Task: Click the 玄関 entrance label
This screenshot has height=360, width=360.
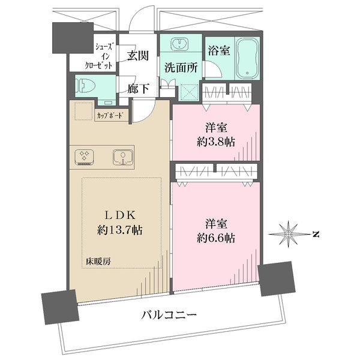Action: (x=138, y=56)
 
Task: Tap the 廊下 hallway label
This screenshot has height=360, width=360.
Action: (x=139, y=89)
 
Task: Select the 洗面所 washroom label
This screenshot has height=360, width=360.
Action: (x=181, y=67)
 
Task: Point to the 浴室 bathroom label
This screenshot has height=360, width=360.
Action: (x=219, y=50)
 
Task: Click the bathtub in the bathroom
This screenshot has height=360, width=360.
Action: (x=247, y=58)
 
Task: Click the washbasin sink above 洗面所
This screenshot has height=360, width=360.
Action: (x=180, y=44)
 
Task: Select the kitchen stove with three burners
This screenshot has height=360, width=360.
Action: (x=84, y=157)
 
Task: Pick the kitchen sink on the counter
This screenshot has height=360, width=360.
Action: (x=123, y=157)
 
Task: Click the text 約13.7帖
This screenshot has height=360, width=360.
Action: (x=119, y=230)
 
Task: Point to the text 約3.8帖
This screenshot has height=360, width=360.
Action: (x=216, y=142)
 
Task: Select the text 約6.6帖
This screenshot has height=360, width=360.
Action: (x=216, y=238)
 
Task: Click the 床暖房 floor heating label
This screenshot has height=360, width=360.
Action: (x=98, y=261)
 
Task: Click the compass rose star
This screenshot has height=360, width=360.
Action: (x=289, y=234)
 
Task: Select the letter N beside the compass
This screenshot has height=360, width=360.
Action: (x=316, y=234)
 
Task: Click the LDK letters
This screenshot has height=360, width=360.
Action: (x=119, y=215)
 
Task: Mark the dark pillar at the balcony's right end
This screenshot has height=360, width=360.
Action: (x=277, y=278)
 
